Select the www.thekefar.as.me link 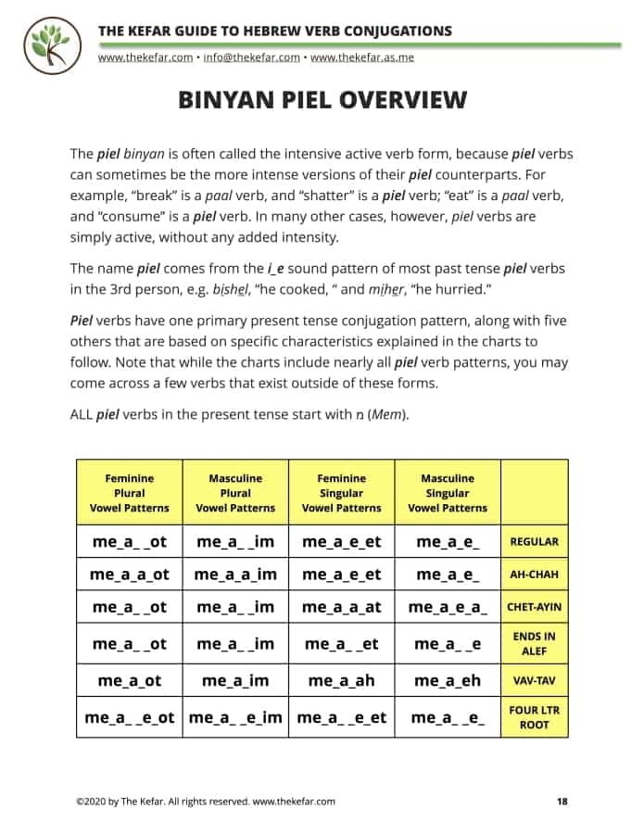[x=361, y=57]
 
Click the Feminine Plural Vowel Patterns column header [x=130, y=493]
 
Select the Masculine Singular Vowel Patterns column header [x=448, y=493]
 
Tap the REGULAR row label [x=535, y=542]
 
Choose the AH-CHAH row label [x=535, y=575]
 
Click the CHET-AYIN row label [x=535, y=608]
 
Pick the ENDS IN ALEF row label [x=535, y=643]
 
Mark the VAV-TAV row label [x=535, y=680]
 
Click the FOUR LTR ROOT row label [x=535, y=717]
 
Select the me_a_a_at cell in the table [x=342, y=608]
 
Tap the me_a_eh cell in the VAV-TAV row [x=448, y=680]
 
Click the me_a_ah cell [x=342, y=680]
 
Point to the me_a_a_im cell [x=235, y=575]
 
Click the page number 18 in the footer [x=562, y=802]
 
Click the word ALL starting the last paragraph [x=81, y=414]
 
